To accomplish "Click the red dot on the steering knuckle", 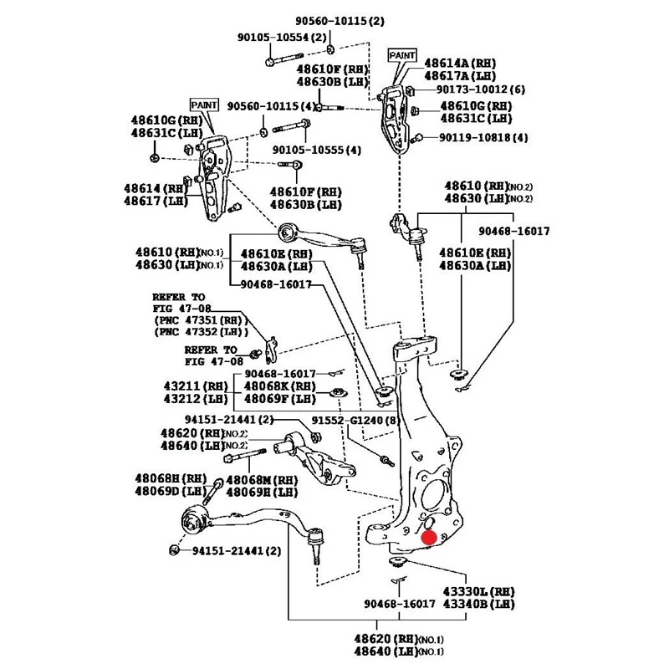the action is click(x=429, y=538).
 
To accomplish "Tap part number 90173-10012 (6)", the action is click(x=480, y=89).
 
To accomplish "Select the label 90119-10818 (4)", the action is click(x=483, y=137).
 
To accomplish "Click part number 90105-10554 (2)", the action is click(x=282, y=38).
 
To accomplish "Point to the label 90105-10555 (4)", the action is click(x=317, y=151).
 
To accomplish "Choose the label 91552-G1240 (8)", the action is click(x=355, y=421).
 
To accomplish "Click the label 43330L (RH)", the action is click(x=478, y=592).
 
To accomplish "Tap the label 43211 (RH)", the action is click(x=196, y=386).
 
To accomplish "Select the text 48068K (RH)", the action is click(x=279, y=386).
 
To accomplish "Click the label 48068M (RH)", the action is click(x=262, y=480).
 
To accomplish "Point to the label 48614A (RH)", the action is click(x=460, y=64).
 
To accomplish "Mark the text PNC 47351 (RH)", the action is click(x=201, y=320).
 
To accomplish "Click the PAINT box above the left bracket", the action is click(x=204, y=105).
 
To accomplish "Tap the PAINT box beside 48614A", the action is click(x=402, y=55).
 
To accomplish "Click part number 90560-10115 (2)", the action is click(x=340, y=21).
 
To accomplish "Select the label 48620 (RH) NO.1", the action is click(x=399, y=639).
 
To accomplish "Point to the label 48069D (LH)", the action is click(x=171, y=491).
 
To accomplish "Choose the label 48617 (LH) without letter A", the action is click(x=156, y=201).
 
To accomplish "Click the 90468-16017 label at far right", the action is click(x=514, y=232).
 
